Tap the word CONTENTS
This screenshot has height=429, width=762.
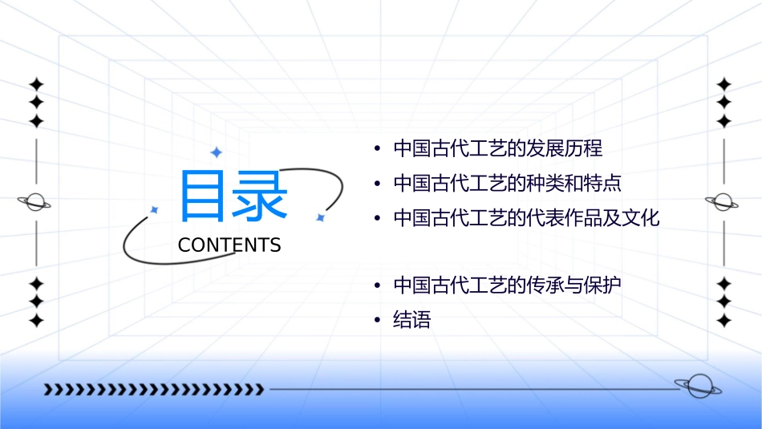pos(229,245)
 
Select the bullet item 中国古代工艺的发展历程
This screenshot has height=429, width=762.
pos(497,148)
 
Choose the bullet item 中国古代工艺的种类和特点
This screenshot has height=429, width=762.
pos(507,183)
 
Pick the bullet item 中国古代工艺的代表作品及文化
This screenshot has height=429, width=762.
pos(526,217)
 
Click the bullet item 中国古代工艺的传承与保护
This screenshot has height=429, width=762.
pos(507,285)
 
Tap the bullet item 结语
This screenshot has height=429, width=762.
pos(412,321)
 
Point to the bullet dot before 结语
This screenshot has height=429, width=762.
pos(377,321)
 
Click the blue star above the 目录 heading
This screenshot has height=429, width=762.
pos(215,152)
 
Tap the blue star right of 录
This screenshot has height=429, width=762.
pos(319,217)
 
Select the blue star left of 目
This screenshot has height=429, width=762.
pos(154,209)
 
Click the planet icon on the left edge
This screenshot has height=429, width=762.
pos(35,202)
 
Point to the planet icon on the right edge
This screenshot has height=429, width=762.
pos(723,202)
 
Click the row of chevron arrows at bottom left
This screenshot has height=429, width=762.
pos(152,390)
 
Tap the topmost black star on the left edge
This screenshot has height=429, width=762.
pos(36,84)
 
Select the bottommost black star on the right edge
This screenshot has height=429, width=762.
pos(724,321)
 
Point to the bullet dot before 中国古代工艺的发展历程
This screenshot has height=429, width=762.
pos(377,149)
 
